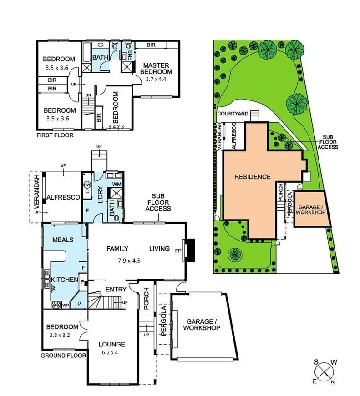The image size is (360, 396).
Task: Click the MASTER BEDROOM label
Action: point(156,68)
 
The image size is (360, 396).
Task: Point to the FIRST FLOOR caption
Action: point(54,135)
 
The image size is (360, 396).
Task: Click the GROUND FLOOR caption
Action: point(59,355)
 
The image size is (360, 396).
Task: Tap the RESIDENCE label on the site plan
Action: point(253,176)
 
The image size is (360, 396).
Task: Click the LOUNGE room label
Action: point(112,344)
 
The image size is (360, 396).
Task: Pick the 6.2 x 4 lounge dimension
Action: point(112,352)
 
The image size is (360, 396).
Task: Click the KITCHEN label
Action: point(64,280)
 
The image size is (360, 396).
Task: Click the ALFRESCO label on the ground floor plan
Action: point(63,197)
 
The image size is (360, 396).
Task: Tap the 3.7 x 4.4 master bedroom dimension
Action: point(156,79)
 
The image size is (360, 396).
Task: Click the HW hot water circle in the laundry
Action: point(87,184)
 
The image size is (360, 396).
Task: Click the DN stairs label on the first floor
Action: point(88,95)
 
